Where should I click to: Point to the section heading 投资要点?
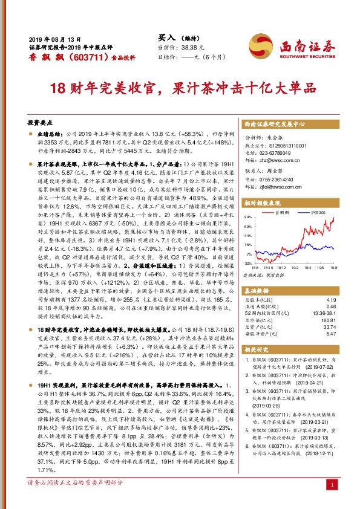pos(40,122)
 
